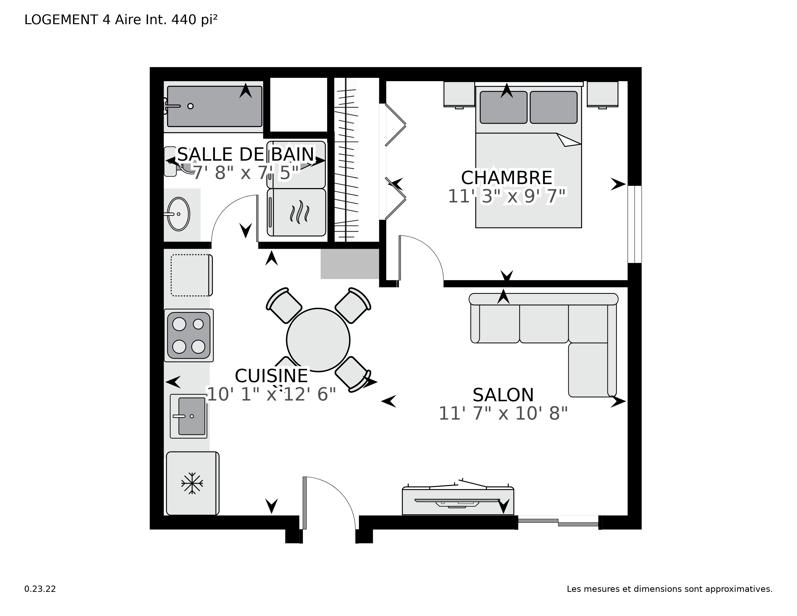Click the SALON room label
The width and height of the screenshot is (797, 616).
[x=503, y=395]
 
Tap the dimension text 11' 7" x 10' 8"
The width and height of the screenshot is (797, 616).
[x=503, y=414]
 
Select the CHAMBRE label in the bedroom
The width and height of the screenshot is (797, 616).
[x=506, y=178]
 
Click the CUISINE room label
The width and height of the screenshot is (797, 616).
[x=271, y=376]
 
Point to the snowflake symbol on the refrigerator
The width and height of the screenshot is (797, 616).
[x=192, y=484]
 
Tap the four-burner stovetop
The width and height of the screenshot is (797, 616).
[x=189, y=335]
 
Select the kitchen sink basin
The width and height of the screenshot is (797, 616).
[x=192, y=416]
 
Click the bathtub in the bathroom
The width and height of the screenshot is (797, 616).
[x=214, y=107]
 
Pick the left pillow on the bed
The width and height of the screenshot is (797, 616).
[x=503, y=107]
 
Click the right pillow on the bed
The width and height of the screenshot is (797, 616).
[x=553, y=107]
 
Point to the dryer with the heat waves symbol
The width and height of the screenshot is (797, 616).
[x=296, y=212]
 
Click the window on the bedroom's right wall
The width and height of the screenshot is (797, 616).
[x=635, y=224]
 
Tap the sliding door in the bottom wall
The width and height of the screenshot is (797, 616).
[x=558, y=522]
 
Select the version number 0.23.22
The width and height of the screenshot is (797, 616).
[x=40, y=589]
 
